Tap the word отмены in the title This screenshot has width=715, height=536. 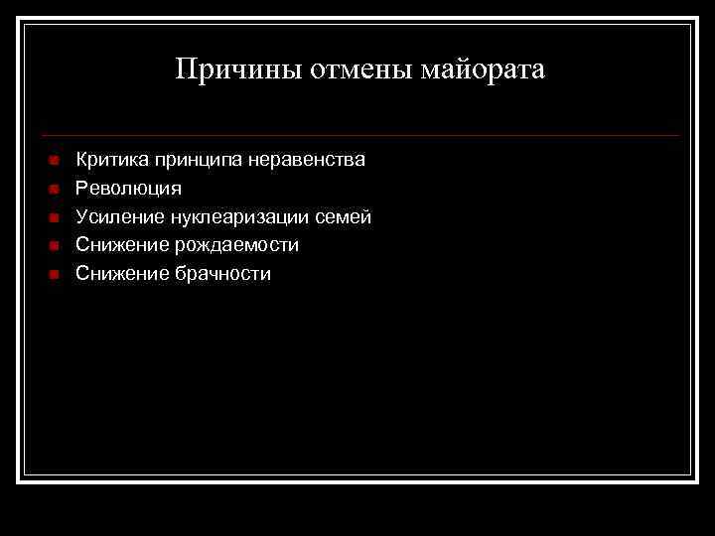(x=355, y=69)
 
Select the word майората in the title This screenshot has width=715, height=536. (x=485, y=69)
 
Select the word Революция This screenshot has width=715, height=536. (x=128, y=188)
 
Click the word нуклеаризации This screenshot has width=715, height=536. (x=238, y=216)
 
